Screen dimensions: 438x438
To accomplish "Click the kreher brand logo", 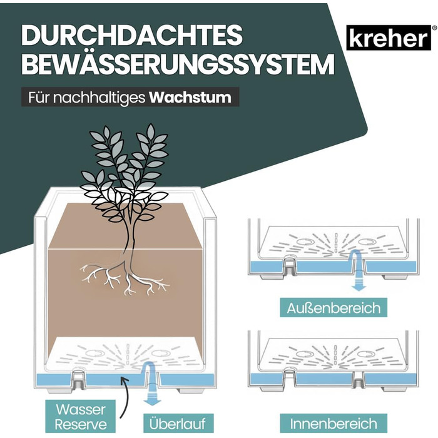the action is [x=389, y=38].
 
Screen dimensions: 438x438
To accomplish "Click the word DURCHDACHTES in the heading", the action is [x=132, y=35].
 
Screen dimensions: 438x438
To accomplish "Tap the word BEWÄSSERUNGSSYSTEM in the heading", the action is [x=178, y=64].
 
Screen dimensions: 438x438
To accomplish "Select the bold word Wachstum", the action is [x=190, y=98].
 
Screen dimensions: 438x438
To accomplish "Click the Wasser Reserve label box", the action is [x=81, y=417].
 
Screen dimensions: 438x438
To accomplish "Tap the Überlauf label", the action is [x=178, y=424].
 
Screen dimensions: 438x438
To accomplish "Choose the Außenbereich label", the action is [x=334, y=308].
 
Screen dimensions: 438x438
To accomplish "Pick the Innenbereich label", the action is [x=334, y=424].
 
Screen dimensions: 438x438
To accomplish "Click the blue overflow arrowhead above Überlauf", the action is [x=153, y=402].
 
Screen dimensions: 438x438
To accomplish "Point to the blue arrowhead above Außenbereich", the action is [x=359, y=287].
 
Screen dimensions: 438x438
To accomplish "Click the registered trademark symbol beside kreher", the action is [x=434, y=28].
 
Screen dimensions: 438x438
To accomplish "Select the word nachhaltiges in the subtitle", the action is [x=99, y=98].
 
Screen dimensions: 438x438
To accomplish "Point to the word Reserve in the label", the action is [x=81, y=424].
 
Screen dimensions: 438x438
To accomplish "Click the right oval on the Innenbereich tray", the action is [x=366, y=354].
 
